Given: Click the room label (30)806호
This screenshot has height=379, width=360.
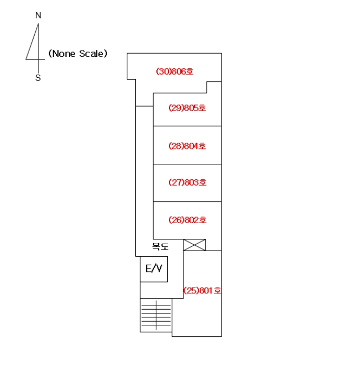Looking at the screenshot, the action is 175,71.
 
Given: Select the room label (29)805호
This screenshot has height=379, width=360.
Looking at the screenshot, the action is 187,108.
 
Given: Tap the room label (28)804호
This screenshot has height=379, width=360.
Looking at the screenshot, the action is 187,146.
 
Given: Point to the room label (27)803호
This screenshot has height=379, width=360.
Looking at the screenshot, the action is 187,182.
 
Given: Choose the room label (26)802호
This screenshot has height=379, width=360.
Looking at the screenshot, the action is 187,220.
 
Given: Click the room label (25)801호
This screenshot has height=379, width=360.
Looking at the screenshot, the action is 202,290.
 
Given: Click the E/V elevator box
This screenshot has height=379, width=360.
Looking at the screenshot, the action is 154,269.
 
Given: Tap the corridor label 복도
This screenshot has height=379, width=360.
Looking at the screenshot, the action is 160,246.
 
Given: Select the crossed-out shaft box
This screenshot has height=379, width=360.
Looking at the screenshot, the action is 194,245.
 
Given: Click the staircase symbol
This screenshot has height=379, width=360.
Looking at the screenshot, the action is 156,315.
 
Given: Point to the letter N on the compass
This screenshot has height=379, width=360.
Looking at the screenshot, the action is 38,15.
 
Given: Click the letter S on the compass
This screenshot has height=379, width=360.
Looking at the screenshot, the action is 38,78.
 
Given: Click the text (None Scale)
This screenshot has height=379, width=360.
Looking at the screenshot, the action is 78,54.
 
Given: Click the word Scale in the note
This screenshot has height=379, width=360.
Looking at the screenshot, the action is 92,54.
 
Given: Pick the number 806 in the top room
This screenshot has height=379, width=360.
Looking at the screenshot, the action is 180,71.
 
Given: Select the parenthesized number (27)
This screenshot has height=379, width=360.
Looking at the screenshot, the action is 176,182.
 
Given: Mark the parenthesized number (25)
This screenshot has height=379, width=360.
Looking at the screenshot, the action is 191,290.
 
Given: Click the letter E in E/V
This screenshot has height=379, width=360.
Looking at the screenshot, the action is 148,269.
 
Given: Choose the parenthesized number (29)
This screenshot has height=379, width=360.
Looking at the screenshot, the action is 176,108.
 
